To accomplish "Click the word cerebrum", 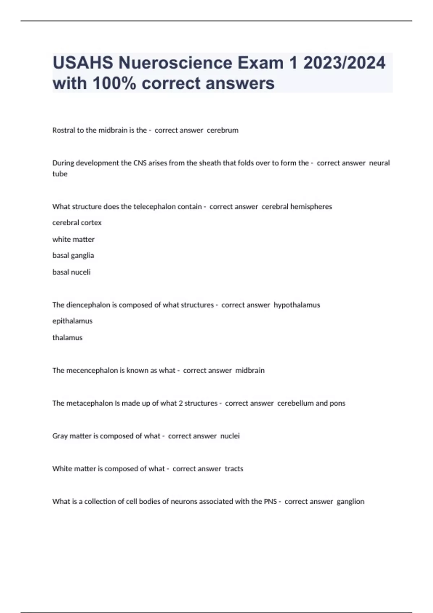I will (x=222, y=130).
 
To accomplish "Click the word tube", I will (x=60, y=174).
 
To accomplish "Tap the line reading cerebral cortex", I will (x=77, y=223).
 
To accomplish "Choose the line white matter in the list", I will (x=73, y=239).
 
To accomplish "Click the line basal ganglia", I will (x=73, y=256).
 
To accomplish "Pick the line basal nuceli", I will (x=71, y=272).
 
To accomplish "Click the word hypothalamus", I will (x=297, y=305).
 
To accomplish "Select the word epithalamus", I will (x=73, y=321).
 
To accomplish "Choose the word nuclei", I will (x=230, y=436).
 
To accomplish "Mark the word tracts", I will (x=234, y=469).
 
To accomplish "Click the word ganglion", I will (x=350, y=502).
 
